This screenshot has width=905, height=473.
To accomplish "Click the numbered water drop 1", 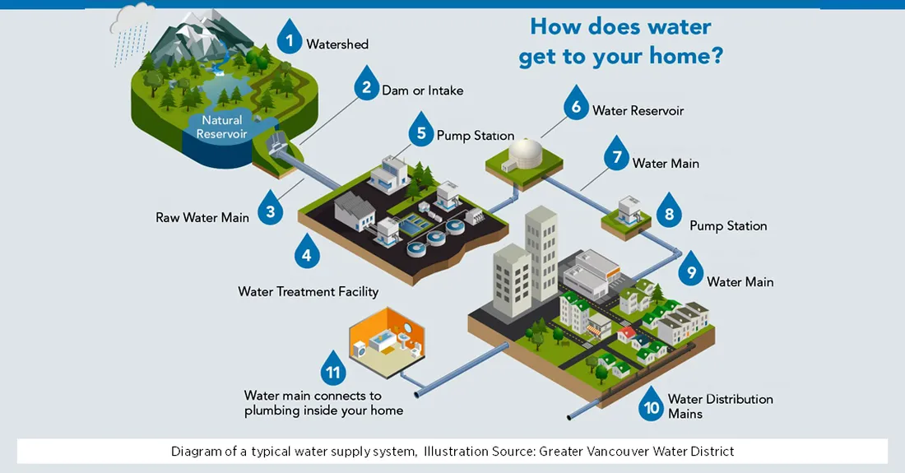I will click(290, 39).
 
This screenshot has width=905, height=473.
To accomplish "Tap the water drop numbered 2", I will click(365, 86).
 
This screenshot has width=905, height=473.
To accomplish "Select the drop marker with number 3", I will click(270, 210).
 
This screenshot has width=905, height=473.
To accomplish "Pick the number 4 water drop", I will click(307, 253).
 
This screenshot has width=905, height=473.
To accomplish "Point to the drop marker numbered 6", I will click(576, 105).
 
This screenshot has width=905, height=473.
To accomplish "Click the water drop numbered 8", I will click(669, 213).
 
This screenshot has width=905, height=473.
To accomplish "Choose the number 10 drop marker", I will click(652, 405).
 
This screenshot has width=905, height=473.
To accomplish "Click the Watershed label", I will click(337, 44).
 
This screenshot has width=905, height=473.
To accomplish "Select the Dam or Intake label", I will click(422, 90).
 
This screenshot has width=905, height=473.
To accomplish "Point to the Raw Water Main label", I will click(202, 218).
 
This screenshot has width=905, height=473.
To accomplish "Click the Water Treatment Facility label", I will click(309, 291).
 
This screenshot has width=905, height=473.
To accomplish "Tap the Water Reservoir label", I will click(638, 110).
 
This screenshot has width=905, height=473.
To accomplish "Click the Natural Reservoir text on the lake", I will click(222, 128).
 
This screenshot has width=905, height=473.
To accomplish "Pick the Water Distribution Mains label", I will click(720, 406).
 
